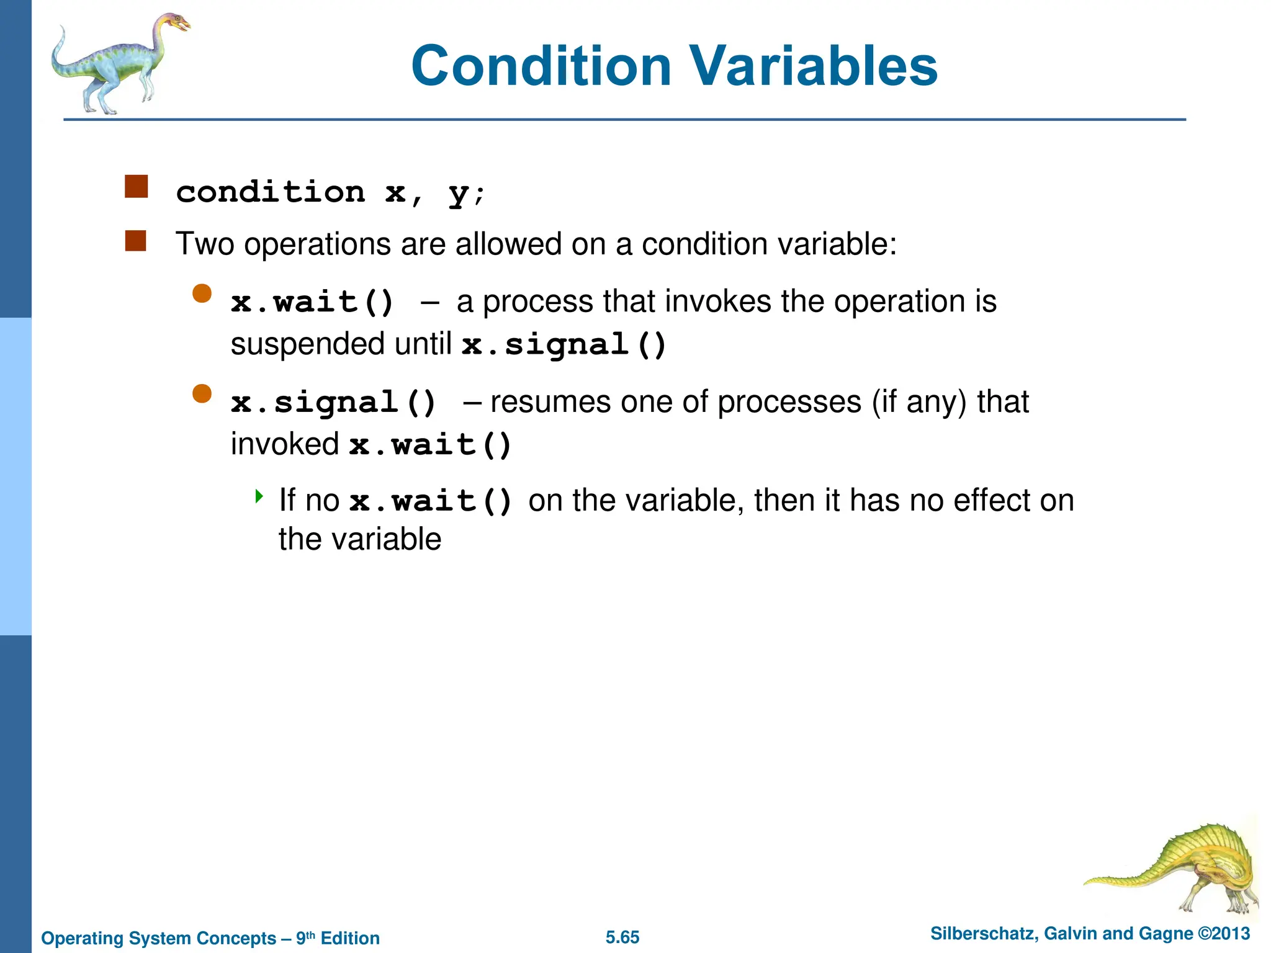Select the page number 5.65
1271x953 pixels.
622,937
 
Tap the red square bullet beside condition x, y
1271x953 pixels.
136,186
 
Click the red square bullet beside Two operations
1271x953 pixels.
135,241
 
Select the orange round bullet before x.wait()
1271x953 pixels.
202,293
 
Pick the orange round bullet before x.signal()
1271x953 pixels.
202,393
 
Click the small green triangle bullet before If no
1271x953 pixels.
259,496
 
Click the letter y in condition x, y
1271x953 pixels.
458,194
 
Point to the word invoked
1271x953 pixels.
285,444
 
